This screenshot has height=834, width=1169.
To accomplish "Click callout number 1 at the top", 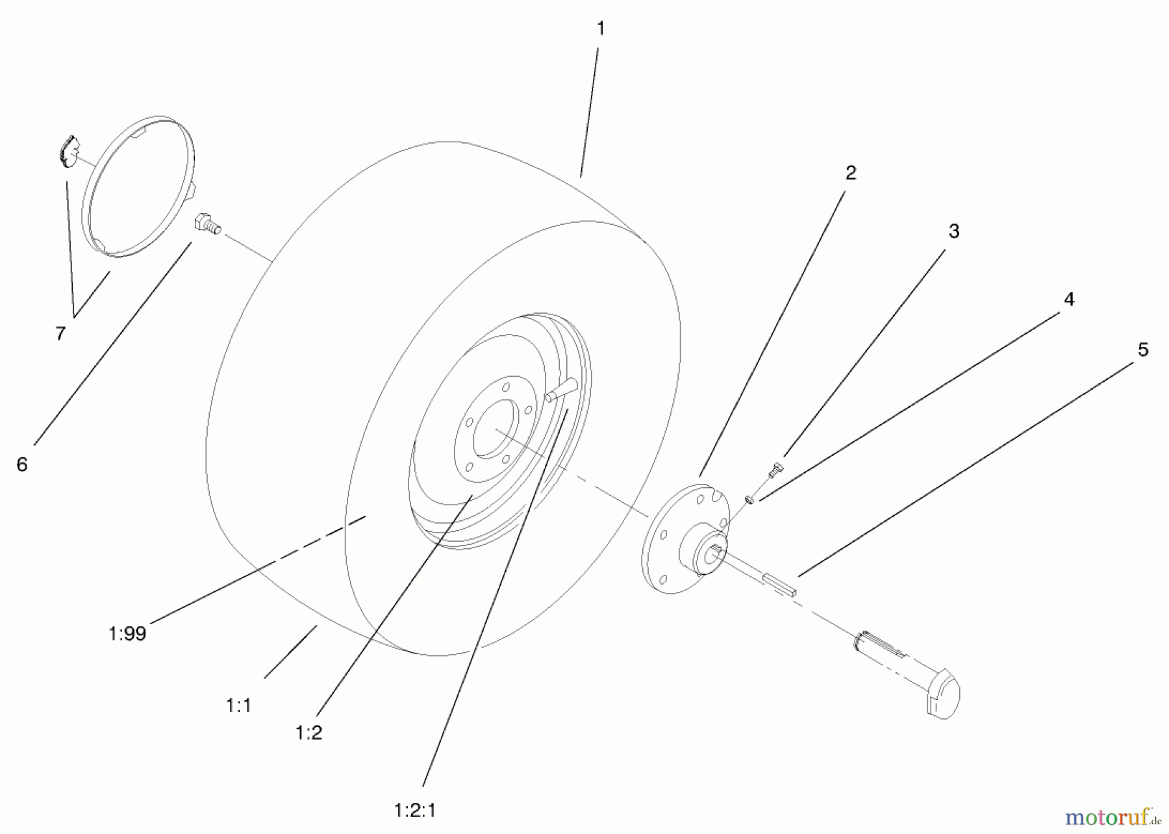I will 600,29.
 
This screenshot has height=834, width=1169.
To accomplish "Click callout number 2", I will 850,173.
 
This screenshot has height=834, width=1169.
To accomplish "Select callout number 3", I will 953,231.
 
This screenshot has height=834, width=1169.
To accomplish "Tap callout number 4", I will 1068,299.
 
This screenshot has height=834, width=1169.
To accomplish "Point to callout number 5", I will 1143,350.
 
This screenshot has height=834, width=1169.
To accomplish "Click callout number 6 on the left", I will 22,464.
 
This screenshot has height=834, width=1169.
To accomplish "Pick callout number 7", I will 60,334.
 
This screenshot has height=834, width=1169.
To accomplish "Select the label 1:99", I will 127,634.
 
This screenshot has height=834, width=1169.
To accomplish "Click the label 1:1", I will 238,705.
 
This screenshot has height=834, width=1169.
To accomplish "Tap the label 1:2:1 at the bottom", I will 414,811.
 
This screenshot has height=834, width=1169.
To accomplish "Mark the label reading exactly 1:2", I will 308,733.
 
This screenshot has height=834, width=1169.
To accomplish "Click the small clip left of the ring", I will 65,151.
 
